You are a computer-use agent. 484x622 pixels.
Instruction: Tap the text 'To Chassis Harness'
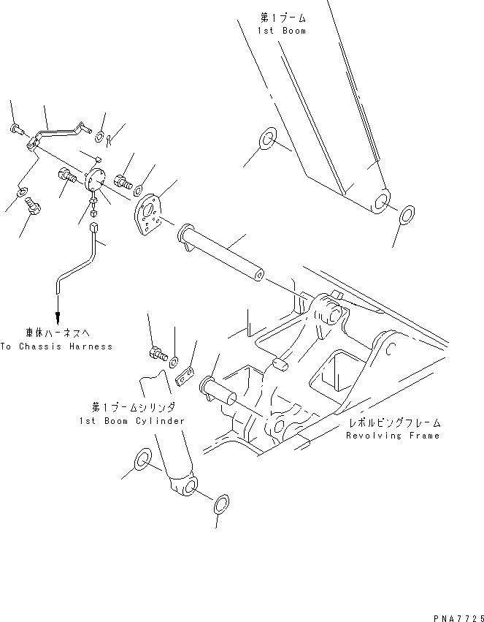coord(57,346)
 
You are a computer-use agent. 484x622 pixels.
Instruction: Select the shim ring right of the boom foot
coord(407,215)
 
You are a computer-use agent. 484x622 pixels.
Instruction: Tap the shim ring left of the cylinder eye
coord(143,461)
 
